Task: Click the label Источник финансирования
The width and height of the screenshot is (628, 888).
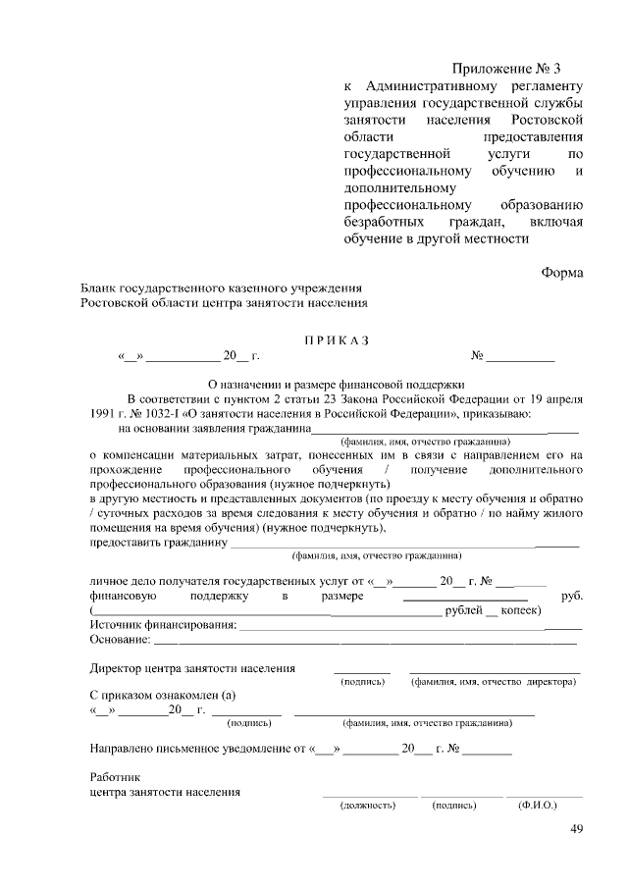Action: pos(163,625)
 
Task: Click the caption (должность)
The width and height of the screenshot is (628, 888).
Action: pos(367,805)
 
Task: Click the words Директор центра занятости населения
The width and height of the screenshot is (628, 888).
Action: pos(192,668)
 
